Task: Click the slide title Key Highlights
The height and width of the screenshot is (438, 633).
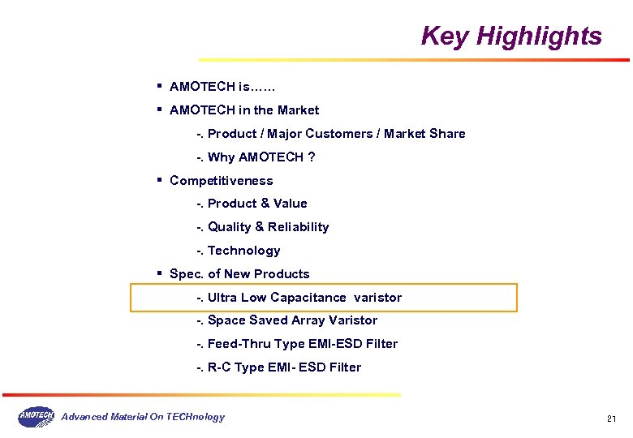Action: coord(511,36)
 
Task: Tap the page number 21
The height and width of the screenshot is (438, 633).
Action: coord(612,419)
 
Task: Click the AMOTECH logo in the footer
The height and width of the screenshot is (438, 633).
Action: coord(36,417)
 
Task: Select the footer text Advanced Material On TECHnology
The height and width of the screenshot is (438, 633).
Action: coord(144,417)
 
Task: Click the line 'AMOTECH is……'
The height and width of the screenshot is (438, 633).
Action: coord(223,86)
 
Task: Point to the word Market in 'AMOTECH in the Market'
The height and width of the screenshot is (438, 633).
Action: coord(298,110)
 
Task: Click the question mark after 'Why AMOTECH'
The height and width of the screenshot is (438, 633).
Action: coord(312,157)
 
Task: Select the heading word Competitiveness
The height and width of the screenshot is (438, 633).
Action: coord(221,181)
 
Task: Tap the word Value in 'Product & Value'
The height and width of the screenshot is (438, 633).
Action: coord(291,204)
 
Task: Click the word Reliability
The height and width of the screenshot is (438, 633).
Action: coord(299,227)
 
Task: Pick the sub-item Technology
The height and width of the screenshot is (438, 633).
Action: coord(243,251)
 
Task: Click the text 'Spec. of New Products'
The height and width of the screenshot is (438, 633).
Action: coord(239,274)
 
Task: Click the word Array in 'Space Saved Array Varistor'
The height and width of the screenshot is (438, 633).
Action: coord(308,320)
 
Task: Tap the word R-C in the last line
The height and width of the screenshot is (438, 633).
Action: coord(219,367)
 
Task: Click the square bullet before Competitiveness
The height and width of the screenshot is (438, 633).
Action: coord(161,180)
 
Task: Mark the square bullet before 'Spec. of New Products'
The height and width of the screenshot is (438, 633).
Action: coord(161,273)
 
